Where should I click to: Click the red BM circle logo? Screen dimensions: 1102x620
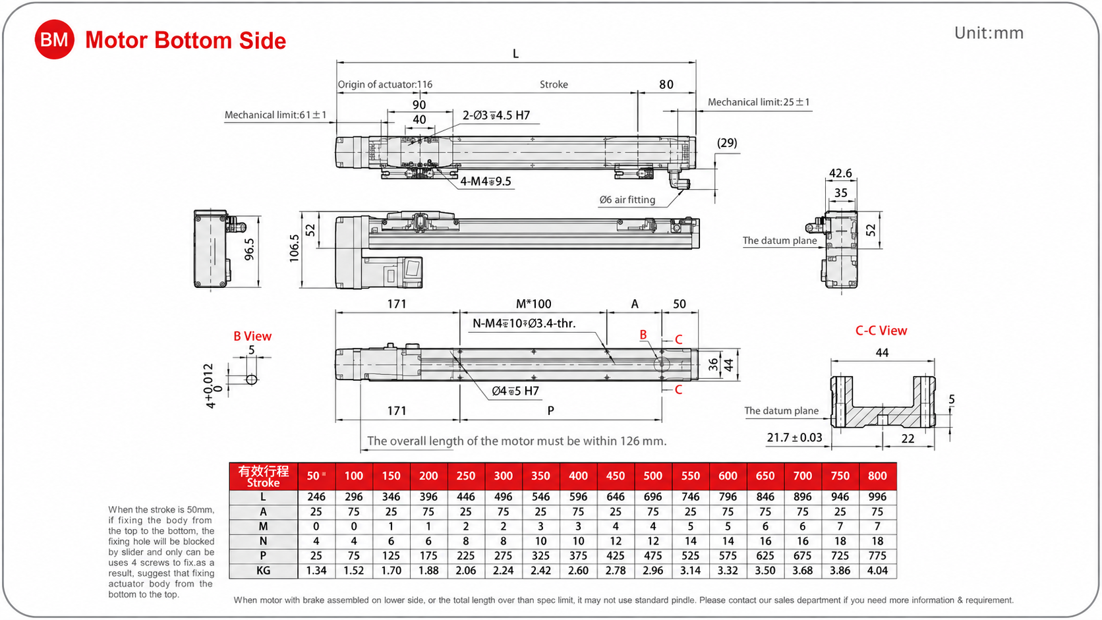(54, 40)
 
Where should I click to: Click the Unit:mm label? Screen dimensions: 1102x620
(989, 33)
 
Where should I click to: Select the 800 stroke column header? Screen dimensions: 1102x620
(877, 476)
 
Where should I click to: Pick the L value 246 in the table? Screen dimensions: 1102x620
(316, 497)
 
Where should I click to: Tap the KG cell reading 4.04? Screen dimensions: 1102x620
(877, 571)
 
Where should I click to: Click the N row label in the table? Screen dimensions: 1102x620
(263, 541)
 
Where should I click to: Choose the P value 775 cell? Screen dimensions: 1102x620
(877, 555)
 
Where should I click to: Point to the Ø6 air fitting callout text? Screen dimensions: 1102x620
(627, 200)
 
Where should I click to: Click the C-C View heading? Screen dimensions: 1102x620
(881, 330)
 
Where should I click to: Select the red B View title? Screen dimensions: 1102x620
(252, 336)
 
